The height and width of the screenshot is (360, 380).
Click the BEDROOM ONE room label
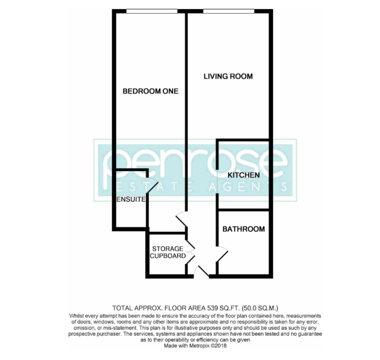point(150,91)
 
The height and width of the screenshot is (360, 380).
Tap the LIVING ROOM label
point(228,76)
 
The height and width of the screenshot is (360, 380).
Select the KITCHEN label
point(243,175)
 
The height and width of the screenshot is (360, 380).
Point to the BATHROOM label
point(244,229)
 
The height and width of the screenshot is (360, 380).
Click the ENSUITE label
point(131,199)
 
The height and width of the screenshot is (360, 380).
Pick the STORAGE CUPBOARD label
point(167,252)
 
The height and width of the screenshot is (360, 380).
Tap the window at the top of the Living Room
point(228,11)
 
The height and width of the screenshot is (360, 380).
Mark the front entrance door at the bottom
point(201,271)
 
